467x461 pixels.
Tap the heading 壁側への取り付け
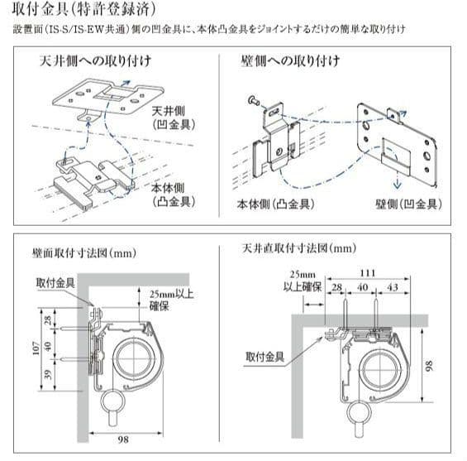point(285,62)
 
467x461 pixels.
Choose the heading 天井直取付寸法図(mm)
point(299,247)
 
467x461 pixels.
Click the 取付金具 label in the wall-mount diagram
point(54,281)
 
